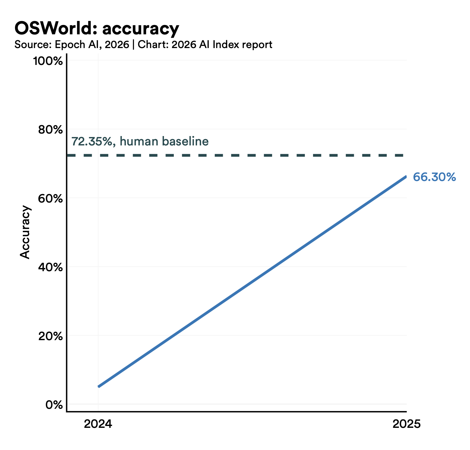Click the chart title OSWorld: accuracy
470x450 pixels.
pyautogui.click(x=97, y=29)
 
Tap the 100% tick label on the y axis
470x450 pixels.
pyautogui.click(x=48, y=61)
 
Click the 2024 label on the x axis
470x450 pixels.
pyautogui.click(x=98, y=424)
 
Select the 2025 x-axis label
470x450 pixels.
pyautogui.click(x=406, y=424)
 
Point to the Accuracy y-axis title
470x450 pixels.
pyautogui.click(x=25, y=232)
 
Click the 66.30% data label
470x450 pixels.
pyautogui.click(x=434, y=177)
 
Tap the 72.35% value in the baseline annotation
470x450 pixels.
pyautogui.click(x=92, y=142)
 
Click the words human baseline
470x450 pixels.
pyautogui.click(x=164, y=142)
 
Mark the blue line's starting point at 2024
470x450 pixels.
pyautogui.click(x=99, y=386)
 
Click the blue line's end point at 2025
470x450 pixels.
pyautogui.click(x=406, y=177)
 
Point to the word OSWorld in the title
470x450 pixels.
pyautogui.click(x=52, y=29)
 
